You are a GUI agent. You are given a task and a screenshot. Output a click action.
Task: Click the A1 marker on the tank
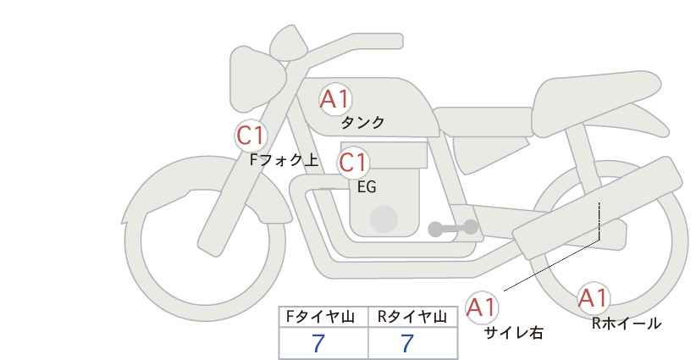(335, 99)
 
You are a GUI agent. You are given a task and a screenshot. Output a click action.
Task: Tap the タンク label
(362, 122)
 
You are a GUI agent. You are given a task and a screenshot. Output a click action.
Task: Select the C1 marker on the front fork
(251, 136)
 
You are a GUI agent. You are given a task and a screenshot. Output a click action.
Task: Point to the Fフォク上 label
(284, 160)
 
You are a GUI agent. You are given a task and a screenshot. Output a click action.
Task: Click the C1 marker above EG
(353, 163)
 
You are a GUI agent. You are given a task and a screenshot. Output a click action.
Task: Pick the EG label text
(367, 187)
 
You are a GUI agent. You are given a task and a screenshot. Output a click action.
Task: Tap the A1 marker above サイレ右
(482, 307)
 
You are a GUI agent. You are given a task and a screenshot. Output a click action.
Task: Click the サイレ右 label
(513, 333)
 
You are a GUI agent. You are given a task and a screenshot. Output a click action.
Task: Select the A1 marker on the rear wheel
(593, 298)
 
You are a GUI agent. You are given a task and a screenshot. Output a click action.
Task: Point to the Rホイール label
(627, 324)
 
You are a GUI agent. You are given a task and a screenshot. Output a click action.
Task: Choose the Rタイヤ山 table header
(412, 317)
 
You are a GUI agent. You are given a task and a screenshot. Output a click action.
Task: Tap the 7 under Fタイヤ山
(318, 343)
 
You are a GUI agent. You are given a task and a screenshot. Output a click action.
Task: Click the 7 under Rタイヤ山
(407, 343)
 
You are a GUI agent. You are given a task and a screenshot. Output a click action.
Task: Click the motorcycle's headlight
(256, 80)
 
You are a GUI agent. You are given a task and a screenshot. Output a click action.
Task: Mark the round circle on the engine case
(384, 219)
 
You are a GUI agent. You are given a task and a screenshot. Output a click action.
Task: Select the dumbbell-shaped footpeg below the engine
(453, 228)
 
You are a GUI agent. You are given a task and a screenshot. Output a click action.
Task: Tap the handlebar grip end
(397, 42)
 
